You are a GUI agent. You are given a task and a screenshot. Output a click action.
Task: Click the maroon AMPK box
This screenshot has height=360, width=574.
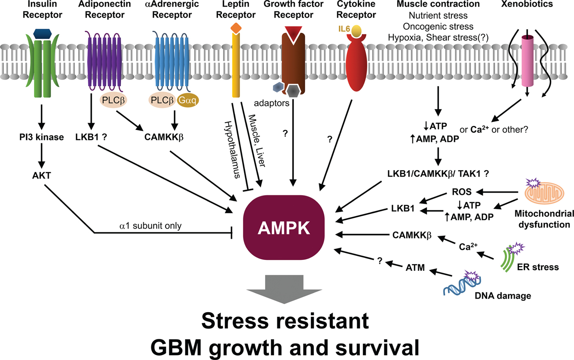(x=284, y=227)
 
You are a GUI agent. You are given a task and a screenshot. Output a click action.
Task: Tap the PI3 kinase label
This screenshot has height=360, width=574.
(x=42, y=137)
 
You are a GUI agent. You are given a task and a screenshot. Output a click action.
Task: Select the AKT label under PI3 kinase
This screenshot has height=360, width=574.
(x=42, y=175)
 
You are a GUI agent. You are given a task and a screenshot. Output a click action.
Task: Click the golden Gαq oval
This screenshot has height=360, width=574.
(x=187, y=100)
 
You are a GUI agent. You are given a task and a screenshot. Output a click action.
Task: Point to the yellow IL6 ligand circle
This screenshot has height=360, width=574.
(x=357, y=31)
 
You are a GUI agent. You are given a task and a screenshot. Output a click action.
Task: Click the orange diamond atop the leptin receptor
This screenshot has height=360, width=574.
(x=236, y=28)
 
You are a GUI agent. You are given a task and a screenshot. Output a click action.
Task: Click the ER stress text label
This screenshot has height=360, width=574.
(x=538, y=267)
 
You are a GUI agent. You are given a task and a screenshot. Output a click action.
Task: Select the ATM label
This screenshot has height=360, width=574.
(x=415, y=268)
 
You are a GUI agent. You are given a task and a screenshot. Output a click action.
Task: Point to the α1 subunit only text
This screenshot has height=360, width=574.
(x=151, y=226)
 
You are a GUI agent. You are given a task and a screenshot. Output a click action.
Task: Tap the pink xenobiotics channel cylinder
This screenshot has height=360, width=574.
(x=527, y=61)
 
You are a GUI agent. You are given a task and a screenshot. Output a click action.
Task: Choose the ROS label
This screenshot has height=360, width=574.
(x=461, y=192)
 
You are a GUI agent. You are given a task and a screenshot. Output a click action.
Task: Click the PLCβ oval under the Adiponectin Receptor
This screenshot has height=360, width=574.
(x=113, y=100)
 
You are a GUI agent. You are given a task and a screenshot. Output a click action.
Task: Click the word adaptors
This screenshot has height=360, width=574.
(x=272, y=103)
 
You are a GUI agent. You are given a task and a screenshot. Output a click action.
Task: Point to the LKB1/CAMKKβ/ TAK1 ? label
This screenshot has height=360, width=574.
(x=438, y=174)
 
